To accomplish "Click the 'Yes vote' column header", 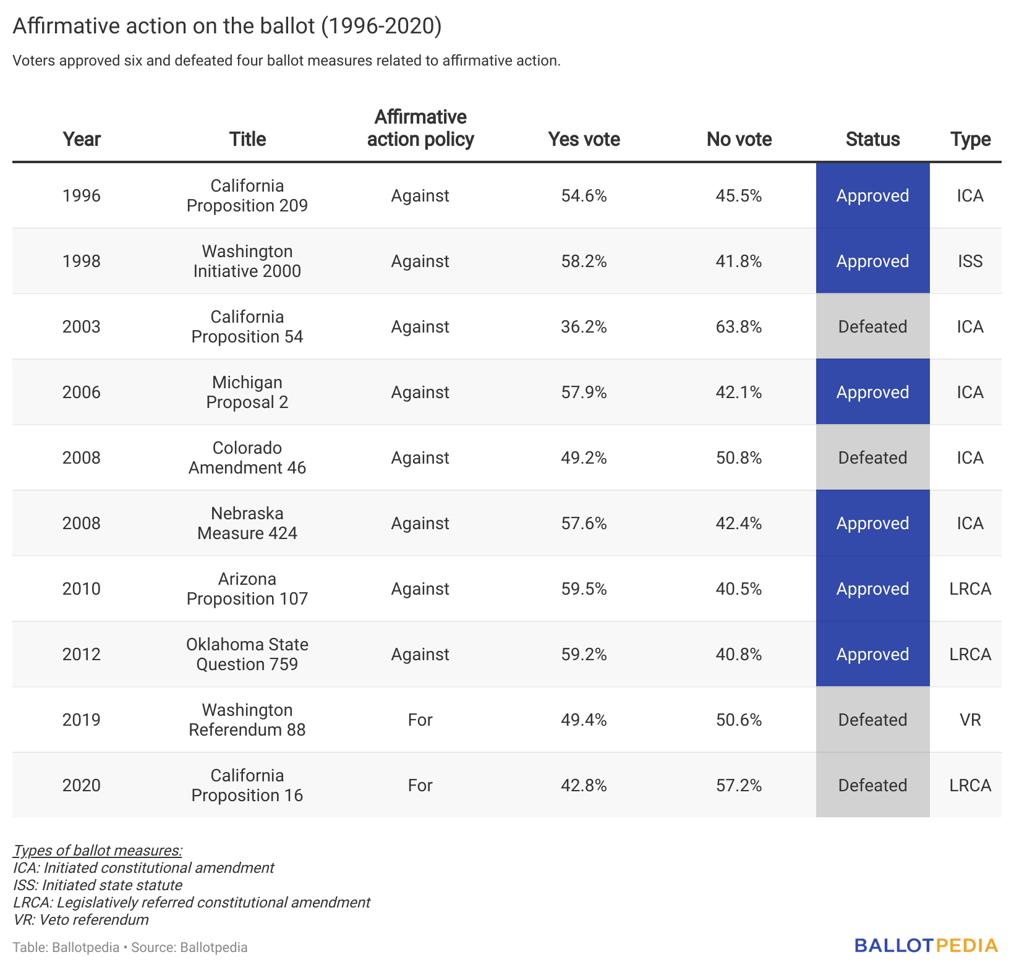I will (x=584, y=139).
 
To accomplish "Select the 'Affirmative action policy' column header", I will (x=420, y=128).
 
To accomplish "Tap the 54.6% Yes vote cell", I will (x=584, y=196).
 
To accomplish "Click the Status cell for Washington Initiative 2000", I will (x=872, y=261).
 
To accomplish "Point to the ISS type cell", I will (x=969, y=261).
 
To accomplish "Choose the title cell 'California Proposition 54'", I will (x=247, y=326).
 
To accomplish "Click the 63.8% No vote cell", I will (x=738, y=326).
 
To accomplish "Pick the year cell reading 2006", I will (x=81, y=392).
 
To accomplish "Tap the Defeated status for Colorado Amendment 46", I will (x=872, y=457).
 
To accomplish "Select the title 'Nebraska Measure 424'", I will (x=247, y=523).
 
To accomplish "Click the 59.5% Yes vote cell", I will (x=584, y=588).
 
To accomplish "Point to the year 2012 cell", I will (x=81, y=654).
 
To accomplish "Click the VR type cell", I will (x=969, y=720).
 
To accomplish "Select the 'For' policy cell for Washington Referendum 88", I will (x=420, y=720).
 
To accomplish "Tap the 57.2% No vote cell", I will (x=738, y=785).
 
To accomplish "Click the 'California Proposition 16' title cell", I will (x=247, y=785).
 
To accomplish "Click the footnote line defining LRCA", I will (x=192, y=903).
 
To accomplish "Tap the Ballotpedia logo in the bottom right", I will (x=926, y=945).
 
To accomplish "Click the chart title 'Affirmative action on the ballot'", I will (x=227, y=26).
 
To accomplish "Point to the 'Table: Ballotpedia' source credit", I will (x=66, y=947).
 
